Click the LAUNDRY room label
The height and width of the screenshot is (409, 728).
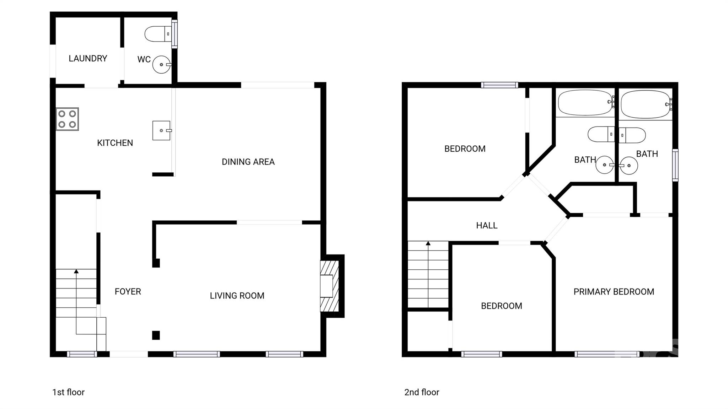pyautogui.click(x=88, y=58)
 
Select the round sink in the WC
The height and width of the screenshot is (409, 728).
pyautogui.click(x=161, y=65)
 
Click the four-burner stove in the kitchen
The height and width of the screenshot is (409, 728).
pyautogui.click(x=67, y=119)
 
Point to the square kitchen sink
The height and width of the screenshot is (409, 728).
pyautogui.click(x=161, y=130)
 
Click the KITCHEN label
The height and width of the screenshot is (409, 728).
pyautogui.click(x=115, y=143)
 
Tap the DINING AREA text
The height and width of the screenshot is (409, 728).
pyautogui.click(x=248, y=162)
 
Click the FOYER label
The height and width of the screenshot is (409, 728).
pyautogui.click(x=128, y=291)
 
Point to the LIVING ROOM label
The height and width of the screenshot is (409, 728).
pyautogui.click(x=237, y=296)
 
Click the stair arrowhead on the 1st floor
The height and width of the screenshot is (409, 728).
pyautogui.click(x=76, y=271)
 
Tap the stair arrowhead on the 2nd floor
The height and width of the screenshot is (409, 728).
pyautogui.click(x=428, y=243)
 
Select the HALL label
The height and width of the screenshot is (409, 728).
pyautogui.click(x=487, y=225)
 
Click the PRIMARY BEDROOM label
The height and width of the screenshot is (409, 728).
pyautogui.click(x=614, y=292)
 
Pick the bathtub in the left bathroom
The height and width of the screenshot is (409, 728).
pyautogui.click(x=585, y=103)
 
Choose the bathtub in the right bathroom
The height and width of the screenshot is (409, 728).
pyautogui.click(x=645, y=104)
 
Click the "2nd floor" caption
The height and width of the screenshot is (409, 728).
pyautogui.click(x=422, y=392)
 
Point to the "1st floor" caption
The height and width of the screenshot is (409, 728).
pyautogui.click(x=68, y=392)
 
